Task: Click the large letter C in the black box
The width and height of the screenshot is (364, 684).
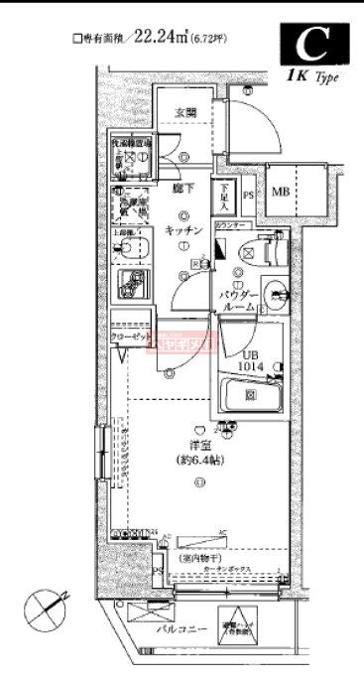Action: click(316, 44)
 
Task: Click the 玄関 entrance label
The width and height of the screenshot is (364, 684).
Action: click(187, 111)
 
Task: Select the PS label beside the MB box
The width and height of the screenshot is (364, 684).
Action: click(248, 195)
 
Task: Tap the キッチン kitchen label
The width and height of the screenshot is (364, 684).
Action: click(183, 230)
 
